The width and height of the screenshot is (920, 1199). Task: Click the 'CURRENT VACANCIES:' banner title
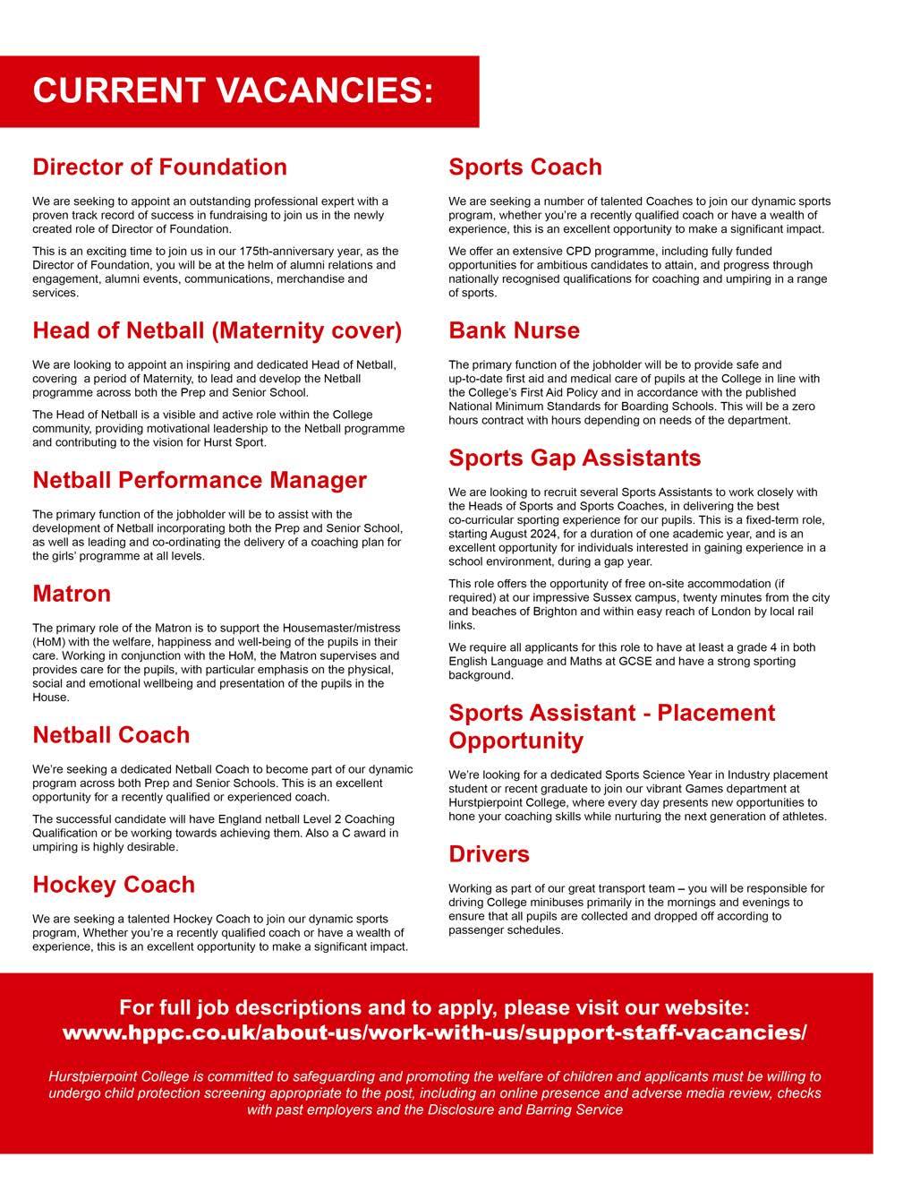233,91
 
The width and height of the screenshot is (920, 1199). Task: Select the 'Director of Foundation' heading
159,167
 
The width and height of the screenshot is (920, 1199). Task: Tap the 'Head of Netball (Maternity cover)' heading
217,331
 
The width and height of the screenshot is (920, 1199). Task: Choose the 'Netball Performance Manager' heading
200,481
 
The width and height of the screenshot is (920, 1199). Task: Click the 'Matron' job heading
72,595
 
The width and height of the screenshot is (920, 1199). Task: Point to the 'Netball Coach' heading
111,736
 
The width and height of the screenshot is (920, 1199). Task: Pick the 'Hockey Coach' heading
114,886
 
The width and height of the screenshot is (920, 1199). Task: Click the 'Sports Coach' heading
524,167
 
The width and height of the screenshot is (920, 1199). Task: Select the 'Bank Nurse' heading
514,331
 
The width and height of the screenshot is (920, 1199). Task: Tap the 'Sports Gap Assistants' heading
575,458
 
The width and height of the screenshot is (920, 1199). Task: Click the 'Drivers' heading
489,855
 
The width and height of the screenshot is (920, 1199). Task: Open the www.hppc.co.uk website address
434,1032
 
